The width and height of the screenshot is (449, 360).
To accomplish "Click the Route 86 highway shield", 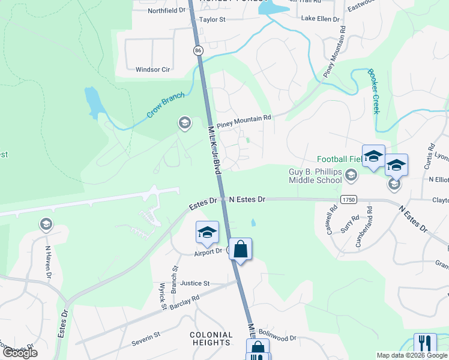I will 197,51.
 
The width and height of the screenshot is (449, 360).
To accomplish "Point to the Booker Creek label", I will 374,91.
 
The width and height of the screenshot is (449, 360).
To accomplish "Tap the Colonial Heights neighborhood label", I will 211,338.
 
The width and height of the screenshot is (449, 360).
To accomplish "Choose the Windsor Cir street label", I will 153,70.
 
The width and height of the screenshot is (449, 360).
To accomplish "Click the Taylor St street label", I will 212,19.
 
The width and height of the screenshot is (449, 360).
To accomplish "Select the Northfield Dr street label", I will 167,10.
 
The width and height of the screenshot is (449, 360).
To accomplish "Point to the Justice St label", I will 194,283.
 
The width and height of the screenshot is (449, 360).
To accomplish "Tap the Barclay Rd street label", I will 185,302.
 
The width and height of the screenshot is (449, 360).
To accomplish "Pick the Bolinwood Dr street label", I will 277,338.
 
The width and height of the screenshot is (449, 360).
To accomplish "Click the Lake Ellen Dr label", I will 321,19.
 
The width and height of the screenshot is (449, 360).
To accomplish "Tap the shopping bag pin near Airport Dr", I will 240,249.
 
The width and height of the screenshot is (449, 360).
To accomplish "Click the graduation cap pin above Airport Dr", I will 207,232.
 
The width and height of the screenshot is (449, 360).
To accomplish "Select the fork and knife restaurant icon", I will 425,344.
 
